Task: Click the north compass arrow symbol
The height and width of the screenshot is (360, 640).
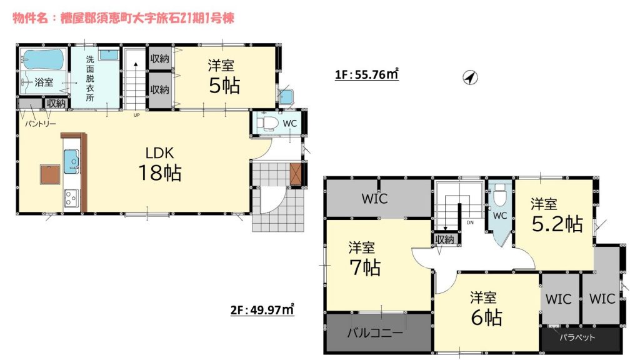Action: pos(470,77)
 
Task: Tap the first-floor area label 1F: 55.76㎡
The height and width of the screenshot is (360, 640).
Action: pos(366,74)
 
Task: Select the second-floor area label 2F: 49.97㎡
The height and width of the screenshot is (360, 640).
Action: pos(262,310)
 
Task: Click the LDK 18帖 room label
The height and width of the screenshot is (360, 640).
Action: pos(160,164)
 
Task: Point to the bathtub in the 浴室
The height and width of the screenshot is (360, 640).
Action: pos(43,60)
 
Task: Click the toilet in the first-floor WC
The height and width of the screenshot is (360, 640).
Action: pos(269,122)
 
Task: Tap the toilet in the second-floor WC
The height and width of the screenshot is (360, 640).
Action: pos(499,197)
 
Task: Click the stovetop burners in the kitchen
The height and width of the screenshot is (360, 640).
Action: pos(70,199)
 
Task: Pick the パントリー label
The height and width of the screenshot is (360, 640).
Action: pos(40,123)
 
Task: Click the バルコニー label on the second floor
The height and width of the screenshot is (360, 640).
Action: pos(375,332)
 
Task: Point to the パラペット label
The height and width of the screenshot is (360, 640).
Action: pos(577,337)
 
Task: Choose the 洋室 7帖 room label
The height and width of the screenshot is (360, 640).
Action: pos(364,259)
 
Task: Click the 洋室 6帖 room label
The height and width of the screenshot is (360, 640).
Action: pos(486,309)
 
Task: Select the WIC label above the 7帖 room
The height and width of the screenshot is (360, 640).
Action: pos(375,199)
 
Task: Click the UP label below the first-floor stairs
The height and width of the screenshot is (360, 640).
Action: pos(136,115)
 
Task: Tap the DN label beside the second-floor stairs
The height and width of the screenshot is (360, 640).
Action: pos(470,223)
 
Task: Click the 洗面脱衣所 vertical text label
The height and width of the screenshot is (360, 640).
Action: pos(90,78)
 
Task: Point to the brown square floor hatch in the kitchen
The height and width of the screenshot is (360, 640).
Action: pos(50,175)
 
